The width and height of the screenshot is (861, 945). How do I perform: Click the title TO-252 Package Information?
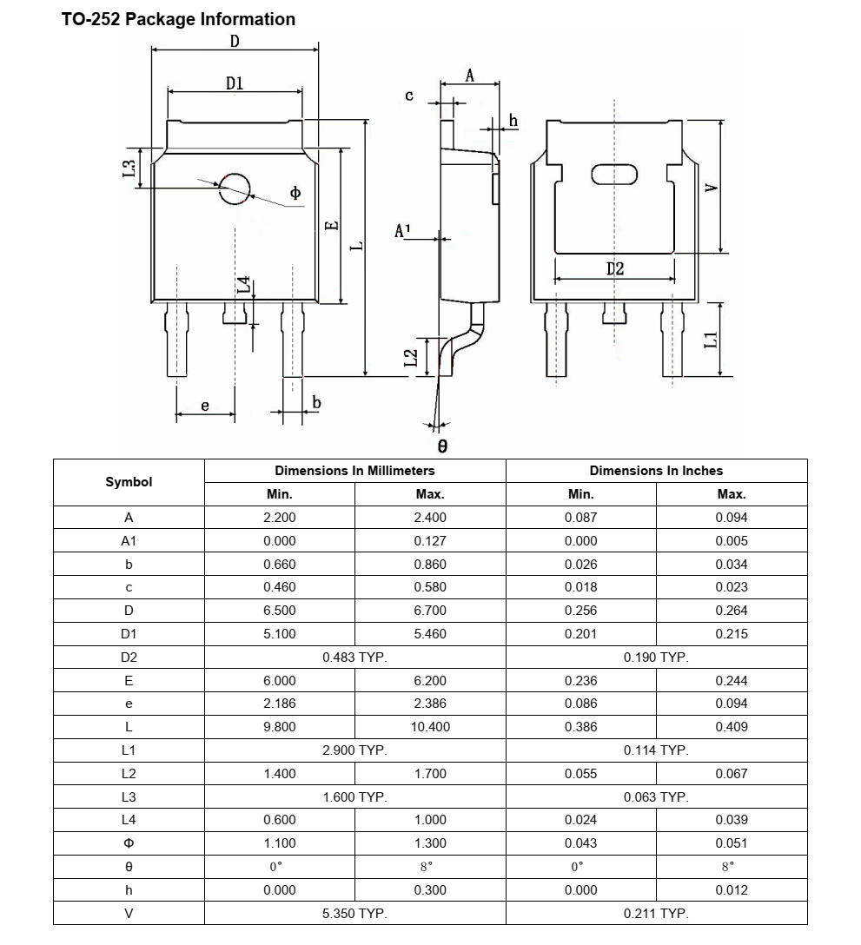click(178, 19)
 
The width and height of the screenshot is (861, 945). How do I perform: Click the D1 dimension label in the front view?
click(235, 83)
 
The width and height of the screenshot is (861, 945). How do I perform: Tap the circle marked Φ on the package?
click(234, 188)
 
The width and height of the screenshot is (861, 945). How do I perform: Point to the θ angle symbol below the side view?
click(441, 446)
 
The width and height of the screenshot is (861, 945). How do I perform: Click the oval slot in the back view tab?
click(614, 175)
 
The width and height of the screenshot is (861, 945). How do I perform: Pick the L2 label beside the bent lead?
click(412, 357)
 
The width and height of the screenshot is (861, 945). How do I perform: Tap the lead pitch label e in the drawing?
click(205, 406)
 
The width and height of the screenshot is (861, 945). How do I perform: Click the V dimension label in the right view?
click(711, 188)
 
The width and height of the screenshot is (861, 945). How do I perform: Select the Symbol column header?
click(129, 482)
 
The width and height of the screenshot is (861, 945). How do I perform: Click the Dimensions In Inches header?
click(656, 471)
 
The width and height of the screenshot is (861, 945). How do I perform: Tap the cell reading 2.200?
click(279, 518)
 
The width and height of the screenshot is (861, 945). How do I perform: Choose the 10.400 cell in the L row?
click(430, 727)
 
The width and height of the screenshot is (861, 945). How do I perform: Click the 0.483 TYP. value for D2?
click(354, 658)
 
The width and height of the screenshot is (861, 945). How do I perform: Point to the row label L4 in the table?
click(129, 820)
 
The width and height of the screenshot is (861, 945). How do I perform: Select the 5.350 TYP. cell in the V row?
click(354, 914)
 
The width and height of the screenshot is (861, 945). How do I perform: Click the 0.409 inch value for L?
click(731, 727)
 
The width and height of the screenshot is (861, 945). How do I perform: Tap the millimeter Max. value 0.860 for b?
click(430, 565)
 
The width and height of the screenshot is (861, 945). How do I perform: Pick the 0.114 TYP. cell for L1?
click(656, 750)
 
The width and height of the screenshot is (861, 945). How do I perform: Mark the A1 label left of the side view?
click(403, 230)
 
